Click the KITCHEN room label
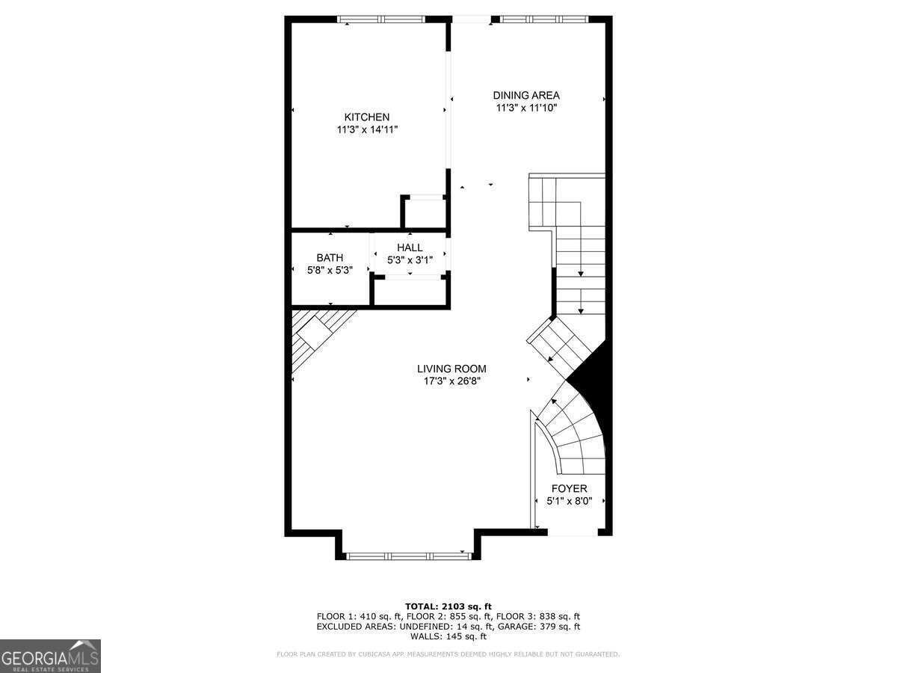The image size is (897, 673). [366, 117]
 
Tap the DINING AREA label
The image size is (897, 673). [526, 95]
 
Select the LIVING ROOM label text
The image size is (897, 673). [451, 369]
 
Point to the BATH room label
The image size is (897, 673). [330, 258]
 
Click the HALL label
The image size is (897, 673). [410, 248]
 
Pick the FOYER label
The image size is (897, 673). [570, 489]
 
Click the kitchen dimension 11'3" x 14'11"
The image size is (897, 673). [366, 130]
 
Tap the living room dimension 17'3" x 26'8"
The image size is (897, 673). [451, 381]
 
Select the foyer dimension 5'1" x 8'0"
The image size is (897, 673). [570, 502]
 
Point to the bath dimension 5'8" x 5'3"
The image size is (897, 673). [330, 270]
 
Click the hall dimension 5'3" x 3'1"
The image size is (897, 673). [410, 260]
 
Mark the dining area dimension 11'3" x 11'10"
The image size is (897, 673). [526, 108]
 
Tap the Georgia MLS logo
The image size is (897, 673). [50, 656]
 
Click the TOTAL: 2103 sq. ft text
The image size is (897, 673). [448, 606]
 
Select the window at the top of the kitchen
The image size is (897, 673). [381, 19]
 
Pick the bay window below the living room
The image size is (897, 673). [408, 556]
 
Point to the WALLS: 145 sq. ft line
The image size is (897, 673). [448, 637]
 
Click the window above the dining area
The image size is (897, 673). [544, 19]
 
